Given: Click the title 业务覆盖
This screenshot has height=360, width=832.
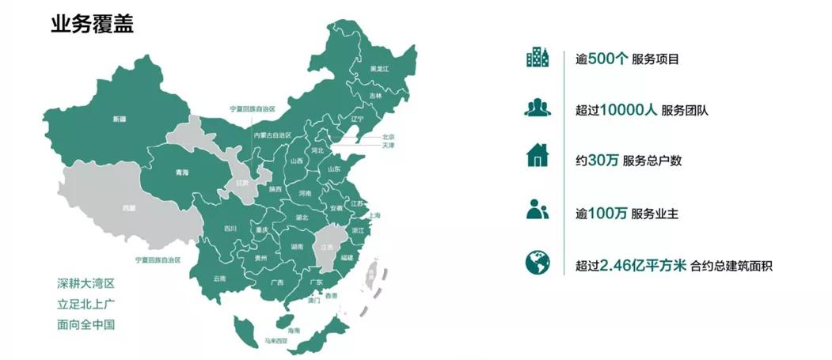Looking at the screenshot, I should click(92, 24).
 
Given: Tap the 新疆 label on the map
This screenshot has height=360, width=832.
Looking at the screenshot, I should click(120, 119).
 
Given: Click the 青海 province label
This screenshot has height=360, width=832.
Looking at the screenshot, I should click(183, 172).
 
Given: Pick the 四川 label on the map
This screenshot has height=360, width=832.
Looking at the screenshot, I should click(230, 229).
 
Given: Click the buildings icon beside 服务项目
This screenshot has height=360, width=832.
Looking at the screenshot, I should click(537, 58).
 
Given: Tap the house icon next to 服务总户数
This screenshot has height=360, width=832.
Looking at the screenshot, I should click(537, 156).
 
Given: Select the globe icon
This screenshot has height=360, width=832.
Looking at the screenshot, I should click(537, 263).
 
